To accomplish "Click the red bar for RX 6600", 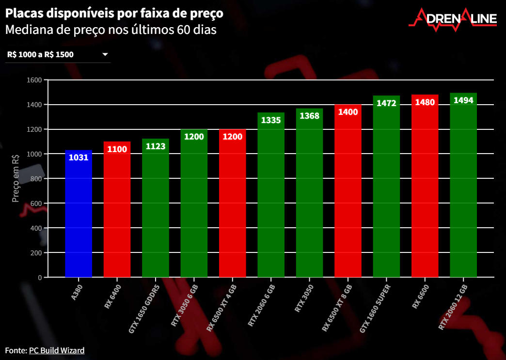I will click(425, 189).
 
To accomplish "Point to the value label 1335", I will click(271, 120).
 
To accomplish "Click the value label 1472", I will click(386, 103).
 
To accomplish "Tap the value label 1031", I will click(78, 157).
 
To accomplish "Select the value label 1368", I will click(309, 116).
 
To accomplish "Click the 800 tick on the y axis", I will click(38, 179).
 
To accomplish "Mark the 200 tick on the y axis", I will click(38, 253).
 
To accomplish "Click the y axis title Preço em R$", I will click(16, 178).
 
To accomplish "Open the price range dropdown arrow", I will click(105, 55).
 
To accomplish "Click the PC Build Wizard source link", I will click(57, 350).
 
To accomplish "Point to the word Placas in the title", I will click(22, 13).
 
